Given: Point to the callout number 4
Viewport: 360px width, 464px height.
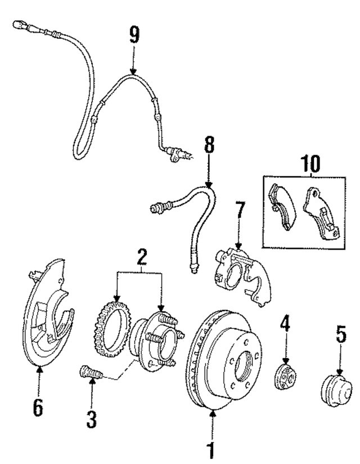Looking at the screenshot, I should [x=285, y=323].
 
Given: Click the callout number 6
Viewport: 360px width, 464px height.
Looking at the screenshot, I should [x=38, y=408].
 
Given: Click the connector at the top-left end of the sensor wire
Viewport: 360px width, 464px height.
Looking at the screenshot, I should [x=19, y=24].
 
